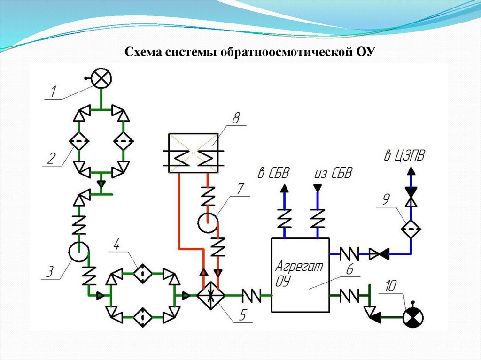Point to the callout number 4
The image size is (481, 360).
[x=117, y=245]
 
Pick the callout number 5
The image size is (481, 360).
[x=241, y=315]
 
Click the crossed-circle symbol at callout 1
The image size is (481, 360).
[x=101, y=77]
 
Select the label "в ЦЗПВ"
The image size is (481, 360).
[x=403, y=156]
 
